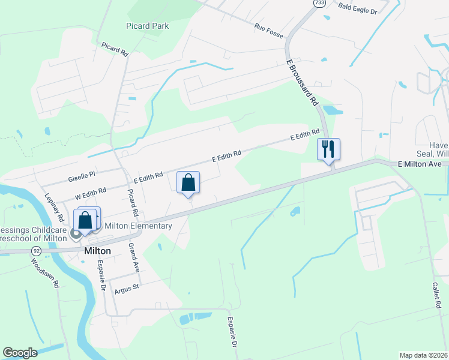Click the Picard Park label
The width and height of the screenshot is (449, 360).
(147, 26)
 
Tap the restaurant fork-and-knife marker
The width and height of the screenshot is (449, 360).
(328, 149)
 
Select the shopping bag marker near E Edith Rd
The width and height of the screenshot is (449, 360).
(188, 182)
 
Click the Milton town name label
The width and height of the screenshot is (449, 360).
(99, 251)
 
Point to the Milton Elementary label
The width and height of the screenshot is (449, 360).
(138, 226)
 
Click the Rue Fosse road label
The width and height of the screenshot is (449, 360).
(268, 28)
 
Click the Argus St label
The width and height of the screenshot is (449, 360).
(127, 287)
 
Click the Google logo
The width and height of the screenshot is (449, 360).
(20, 353)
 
